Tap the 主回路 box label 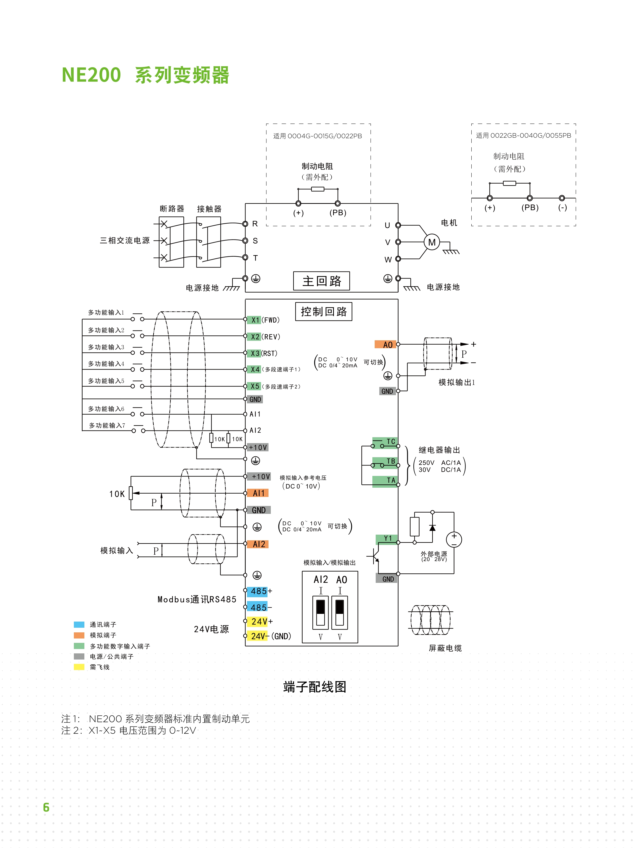click(x=321, y=281)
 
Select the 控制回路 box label click(x=324, y=312)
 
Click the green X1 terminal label click(x=255, y=320)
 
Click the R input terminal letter click(x=255, y=224)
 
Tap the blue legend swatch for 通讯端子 click(x=79, y=624)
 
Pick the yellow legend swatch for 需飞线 click(x=79, y=667)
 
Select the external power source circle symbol click(x=454, y=540)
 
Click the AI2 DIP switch click(x=321, y=613)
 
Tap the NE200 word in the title click(x=91, y=75)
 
